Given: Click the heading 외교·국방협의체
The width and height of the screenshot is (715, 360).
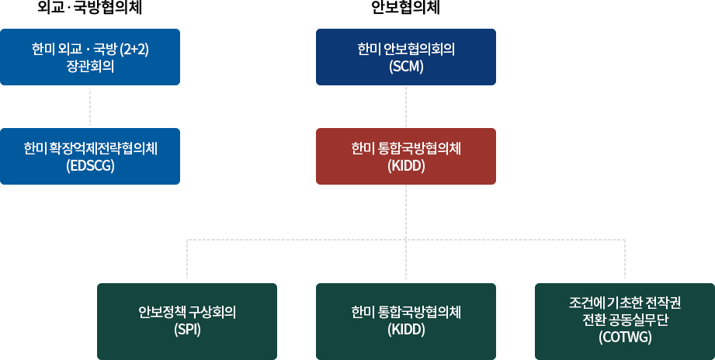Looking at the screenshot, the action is tap(90, 8).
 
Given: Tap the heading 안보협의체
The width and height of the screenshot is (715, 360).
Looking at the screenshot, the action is tap(406, 8).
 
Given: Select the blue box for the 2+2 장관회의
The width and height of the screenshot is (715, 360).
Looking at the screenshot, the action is tap(90, 57).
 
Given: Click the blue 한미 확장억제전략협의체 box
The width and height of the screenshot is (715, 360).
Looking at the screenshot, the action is tap(90, 156).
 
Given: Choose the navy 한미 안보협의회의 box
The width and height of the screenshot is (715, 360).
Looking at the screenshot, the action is tap(406, 57).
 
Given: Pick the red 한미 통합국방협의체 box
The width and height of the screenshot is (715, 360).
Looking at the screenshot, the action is tap(406, 156).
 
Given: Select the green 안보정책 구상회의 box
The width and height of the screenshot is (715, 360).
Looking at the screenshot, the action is tap(187, 321).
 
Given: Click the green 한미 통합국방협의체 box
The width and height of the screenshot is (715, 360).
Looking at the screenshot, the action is tap(406, 321).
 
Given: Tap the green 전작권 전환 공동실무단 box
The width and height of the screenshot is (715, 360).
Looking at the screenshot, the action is tap(625, 321).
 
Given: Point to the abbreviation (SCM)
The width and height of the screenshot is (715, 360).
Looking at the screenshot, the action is tap(406, 67).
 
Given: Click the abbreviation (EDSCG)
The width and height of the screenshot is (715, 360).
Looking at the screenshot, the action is tap(90, 166).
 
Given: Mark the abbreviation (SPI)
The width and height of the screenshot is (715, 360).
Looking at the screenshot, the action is tap(187, 330).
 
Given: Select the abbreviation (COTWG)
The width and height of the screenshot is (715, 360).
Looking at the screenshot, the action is tap(625, 337).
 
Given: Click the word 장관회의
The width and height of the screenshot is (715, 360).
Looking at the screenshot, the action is tap(90, 67).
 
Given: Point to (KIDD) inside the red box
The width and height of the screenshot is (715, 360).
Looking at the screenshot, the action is tap(406, 166).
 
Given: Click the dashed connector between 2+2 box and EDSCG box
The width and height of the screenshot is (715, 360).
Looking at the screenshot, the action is tap(90, 106).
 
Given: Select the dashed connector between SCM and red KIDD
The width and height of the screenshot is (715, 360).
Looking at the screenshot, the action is tap(406, 106).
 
